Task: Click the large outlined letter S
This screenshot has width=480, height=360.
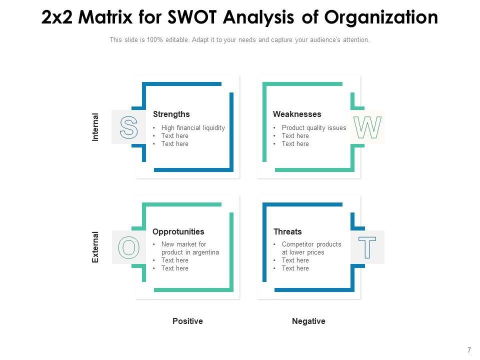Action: [x=128, y=127]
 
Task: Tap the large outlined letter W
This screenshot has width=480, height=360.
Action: [x=367, y=127]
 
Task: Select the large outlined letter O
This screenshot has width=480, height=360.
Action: [x=128, y=247]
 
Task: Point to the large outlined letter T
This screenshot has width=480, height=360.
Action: [x=367, y=247]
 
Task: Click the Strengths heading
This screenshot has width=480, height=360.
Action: [x=171, y=114]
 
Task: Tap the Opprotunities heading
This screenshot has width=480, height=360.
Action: [x=178, y=232]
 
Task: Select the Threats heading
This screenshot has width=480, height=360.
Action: [x=287, y=232]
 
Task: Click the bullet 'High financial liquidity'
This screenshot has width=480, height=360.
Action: [x=193, y=128]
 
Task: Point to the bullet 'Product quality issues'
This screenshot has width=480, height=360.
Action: [x=314, y=128]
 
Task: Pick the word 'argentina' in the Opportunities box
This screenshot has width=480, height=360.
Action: [x=205, y=252]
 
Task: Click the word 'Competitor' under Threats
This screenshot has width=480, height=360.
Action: [x=298, y=244]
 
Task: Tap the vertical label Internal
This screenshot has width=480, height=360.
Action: [x=95, y=127]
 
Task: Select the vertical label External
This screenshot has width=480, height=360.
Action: [x=95, y=247]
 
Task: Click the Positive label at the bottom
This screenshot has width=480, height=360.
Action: [x=187, y=321]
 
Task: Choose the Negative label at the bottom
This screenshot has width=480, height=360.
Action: [x=308, y=321]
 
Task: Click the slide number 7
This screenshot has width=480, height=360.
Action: [x=469, y=350]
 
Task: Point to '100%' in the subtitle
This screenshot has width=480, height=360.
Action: [x=155, y=40]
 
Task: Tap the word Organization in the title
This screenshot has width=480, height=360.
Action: [x=381, y=17]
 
